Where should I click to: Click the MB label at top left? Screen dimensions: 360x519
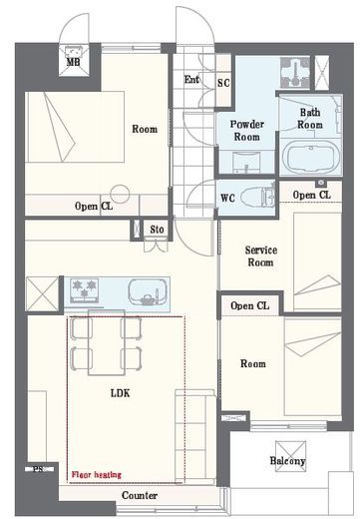73,62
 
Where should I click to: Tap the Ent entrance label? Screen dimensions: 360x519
191,80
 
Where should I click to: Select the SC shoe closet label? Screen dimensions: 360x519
223,83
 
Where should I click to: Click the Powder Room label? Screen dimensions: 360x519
247,131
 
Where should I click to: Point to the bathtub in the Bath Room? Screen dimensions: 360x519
310,157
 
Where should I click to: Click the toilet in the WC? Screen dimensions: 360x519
257,198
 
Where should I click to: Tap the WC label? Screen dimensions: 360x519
227,199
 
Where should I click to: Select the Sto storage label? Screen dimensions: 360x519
157,230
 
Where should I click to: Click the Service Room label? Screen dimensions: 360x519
261,257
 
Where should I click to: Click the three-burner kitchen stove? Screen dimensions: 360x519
84,290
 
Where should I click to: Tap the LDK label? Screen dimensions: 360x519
121,393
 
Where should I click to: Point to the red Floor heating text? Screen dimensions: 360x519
97,474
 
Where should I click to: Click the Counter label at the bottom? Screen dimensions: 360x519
140,495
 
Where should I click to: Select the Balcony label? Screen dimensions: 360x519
287,461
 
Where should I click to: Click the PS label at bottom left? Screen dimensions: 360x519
39,469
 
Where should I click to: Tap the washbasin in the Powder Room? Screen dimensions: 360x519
246,163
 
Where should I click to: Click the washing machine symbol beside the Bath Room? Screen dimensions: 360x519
295,72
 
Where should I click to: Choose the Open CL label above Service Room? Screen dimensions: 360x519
311,195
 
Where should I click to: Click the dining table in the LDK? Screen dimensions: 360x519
107,342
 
